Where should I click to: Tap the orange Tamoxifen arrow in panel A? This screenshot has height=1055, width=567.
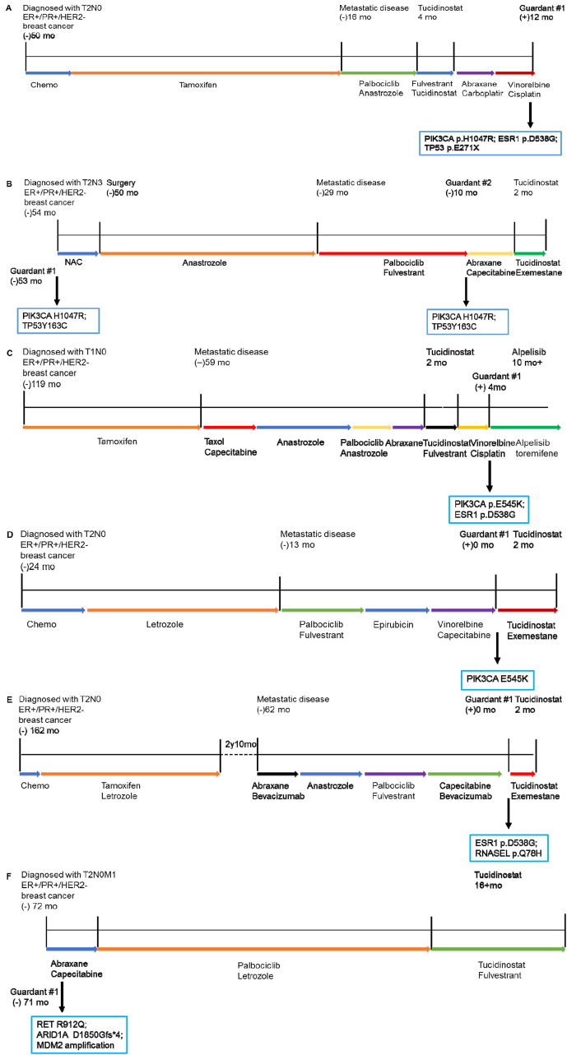tap(206, 73)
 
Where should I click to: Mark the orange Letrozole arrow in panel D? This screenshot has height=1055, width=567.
tap(183, 610)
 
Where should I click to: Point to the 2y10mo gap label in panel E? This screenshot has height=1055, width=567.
tap(232, 743)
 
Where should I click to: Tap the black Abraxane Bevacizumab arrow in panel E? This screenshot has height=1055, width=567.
tap(277, 774)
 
